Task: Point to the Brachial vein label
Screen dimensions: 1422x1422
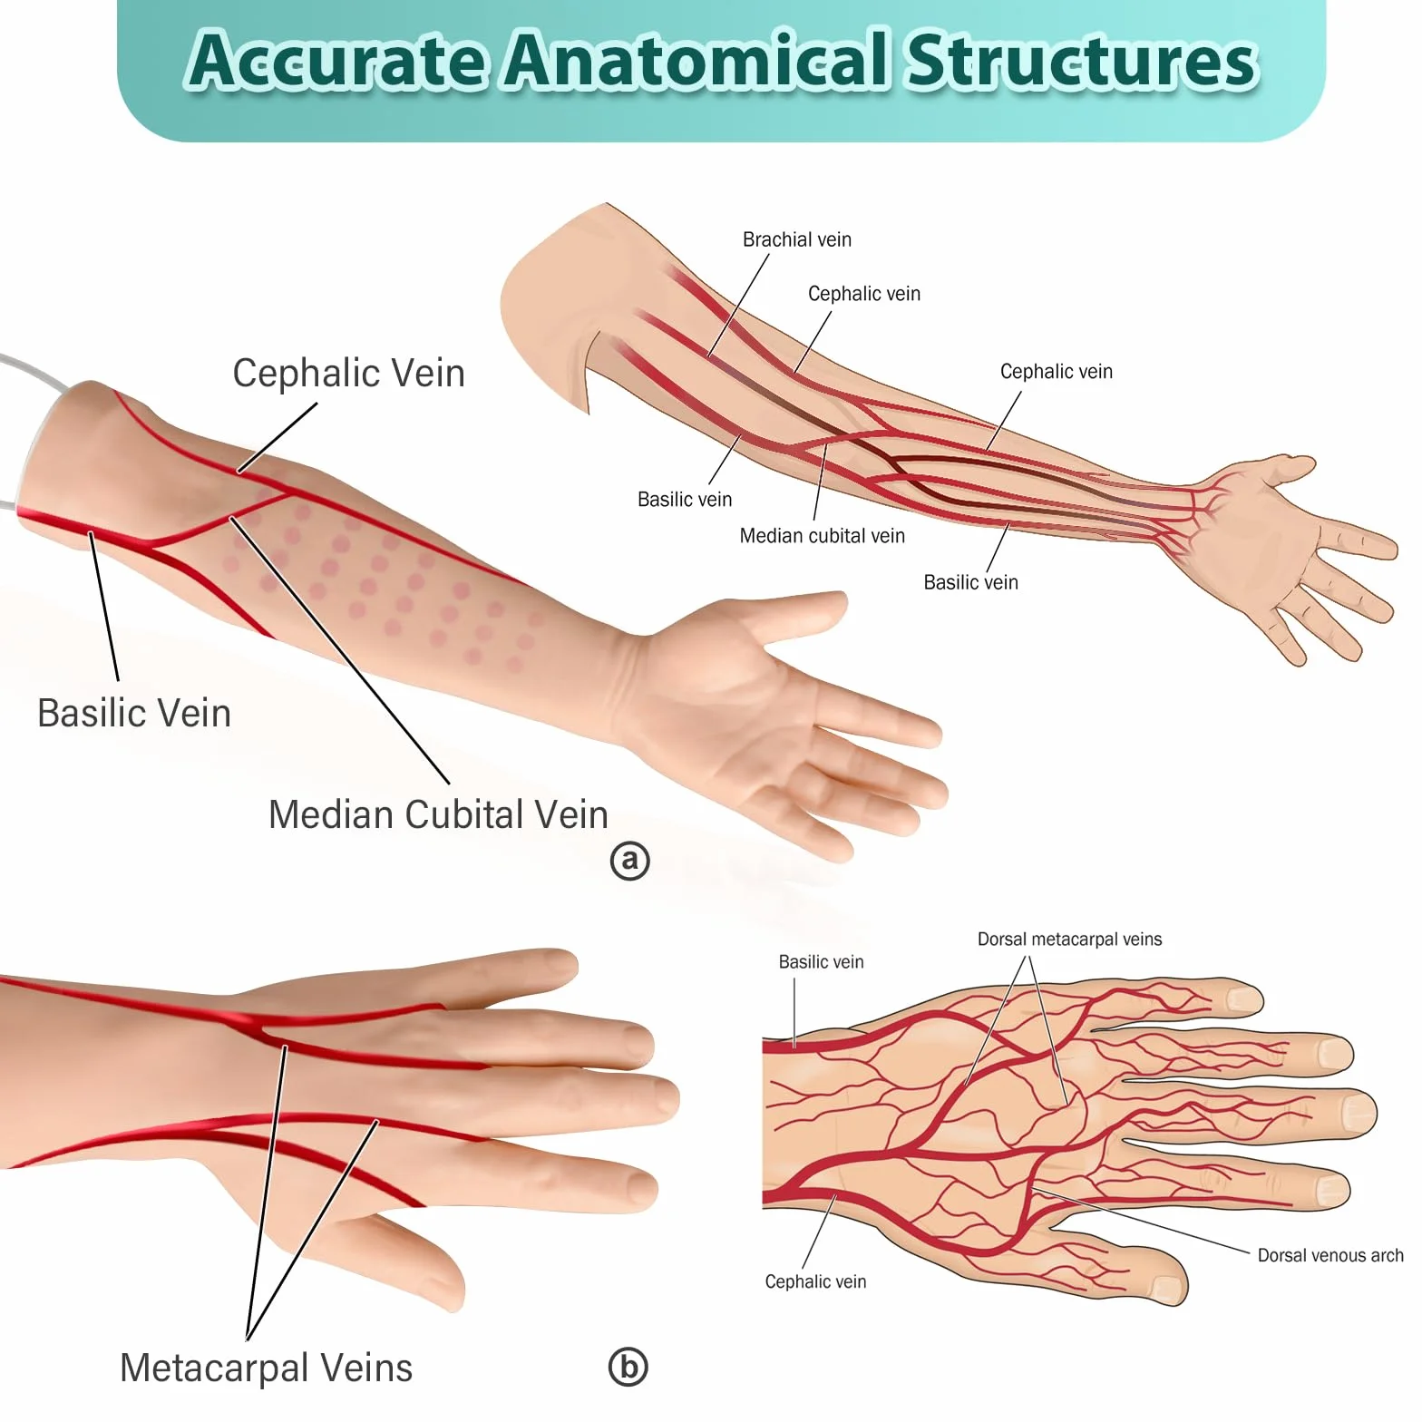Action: coord(797,239)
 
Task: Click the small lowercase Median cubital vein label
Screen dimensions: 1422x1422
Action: coord(823,536)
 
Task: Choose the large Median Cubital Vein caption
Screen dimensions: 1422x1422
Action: coord(438,814)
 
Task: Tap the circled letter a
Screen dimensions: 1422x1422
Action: coord(630,861)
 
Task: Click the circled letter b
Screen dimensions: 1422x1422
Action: coord(628,1367)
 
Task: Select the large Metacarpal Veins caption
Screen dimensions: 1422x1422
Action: coord(266,1368)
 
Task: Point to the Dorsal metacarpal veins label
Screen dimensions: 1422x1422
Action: coord(1069,940)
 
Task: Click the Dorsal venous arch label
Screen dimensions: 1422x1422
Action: coord(1330,1255)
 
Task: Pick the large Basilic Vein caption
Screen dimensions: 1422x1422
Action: coord(134,713)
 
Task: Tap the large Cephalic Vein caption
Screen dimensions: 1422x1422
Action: coord(348,374)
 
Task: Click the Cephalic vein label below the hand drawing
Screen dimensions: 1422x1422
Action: coord(815,1281)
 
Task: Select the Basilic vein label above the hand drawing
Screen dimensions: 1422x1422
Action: coord(821,962)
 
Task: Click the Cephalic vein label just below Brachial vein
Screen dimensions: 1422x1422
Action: coord(864,294)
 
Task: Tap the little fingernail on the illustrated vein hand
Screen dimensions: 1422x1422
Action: coord(1242,999)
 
